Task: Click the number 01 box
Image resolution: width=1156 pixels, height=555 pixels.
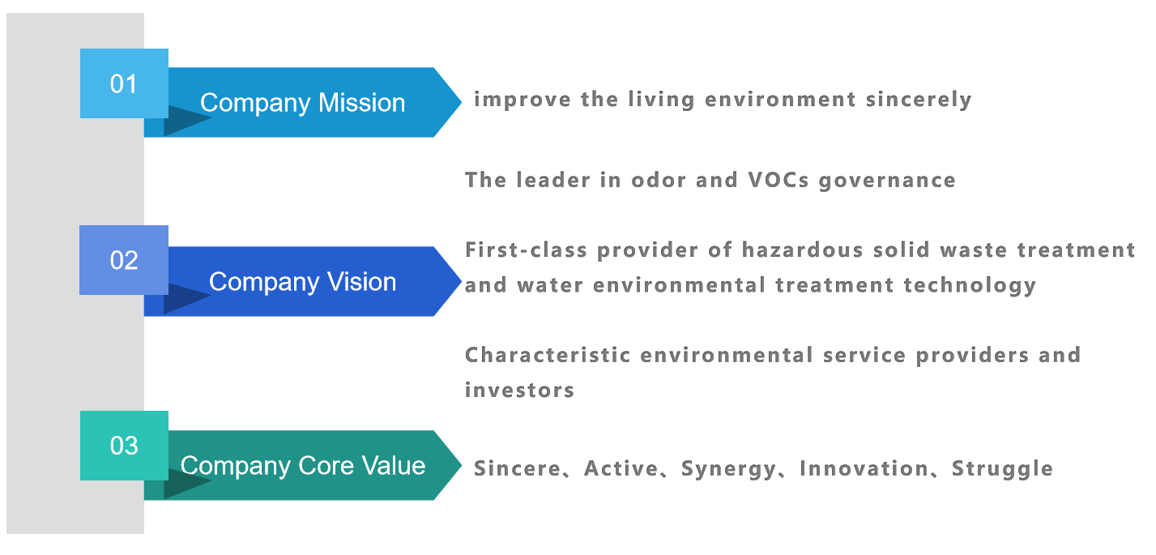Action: [x=124, y=83]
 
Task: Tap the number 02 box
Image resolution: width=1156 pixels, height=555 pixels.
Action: [x=124, y=260]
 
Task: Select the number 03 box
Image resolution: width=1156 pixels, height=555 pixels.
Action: [x=124, y=446]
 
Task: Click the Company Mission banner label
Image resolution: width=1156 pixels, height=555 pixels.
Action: [x=302, y=103]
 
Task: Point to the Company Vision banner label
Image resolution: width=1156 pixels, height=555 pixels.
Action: [x=302, y=282]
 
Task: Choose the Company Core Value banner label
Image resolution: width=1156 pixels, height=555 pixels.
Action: [x=302, y=466]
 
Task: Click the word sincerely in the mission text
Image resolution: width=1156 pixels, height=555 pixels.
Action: [x=919, y=100]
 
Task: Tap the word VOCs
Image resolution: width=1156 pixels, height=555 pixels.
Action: [x=778, y=180]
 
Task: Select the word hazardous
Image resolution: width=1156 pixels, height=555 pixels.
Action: [x=803, y=250]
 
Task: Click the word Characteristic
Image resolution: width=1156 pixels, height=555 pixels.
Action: [x=548, y=355]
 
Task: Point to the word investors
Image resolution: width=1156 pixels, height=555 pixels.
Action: [x=519, y=391]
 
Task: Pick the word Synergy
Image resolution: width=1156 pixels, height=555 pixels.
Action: [x=729, y=469]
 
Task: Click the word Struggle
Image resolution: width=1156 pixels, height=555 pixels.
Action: [x=1002, y=469]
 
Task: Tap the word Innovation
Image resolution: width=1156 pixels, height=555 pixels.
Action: [x=864, y=469]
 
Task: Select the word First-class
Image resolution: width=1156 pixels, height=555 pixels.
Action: [x=526, y=250]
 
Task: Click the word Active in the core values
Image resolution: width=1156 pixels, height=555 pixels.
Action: [x=621, y=469]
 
